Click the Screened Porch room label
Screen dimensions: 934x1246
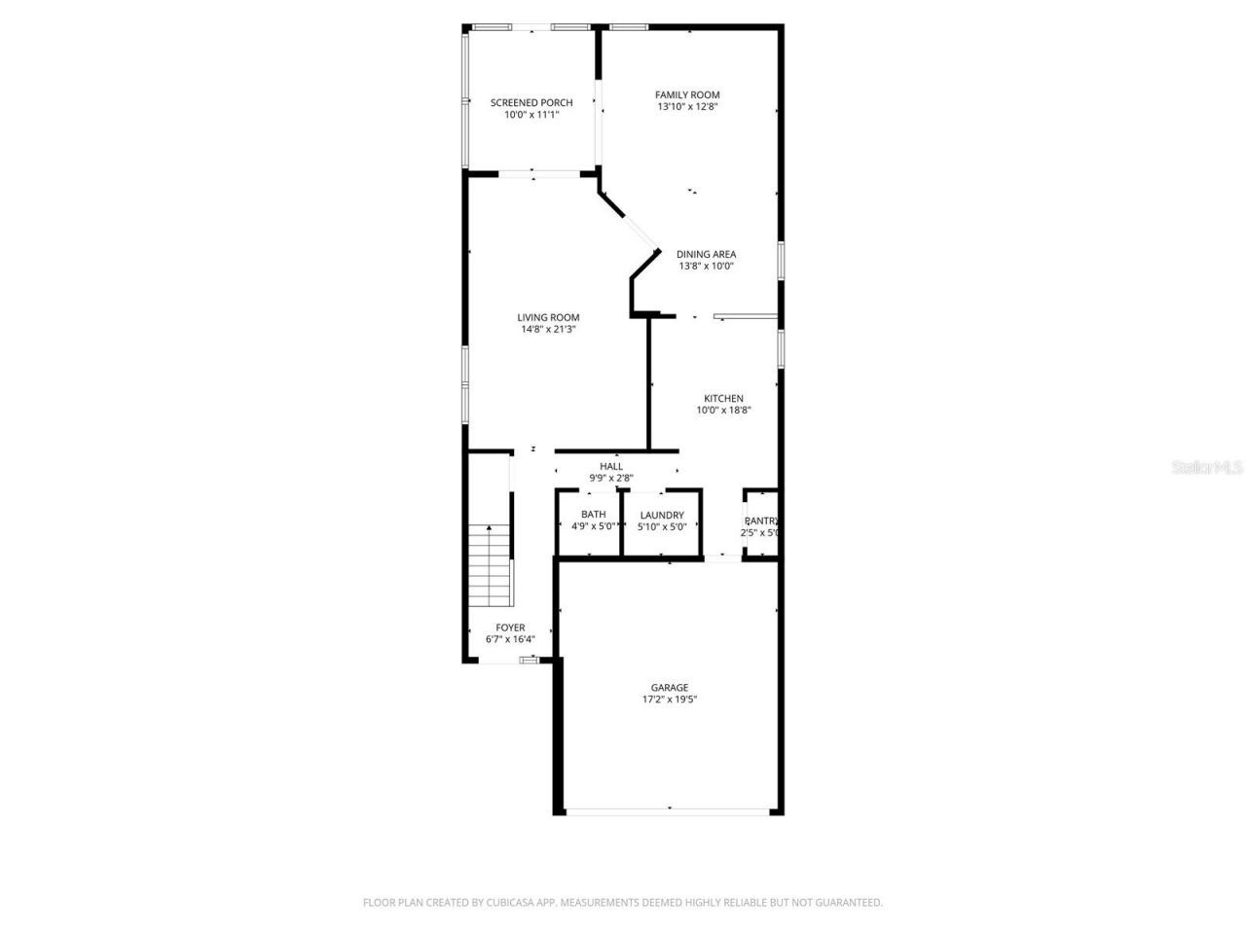coord(531,102)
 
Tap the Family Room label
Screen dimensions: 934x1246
coord(687,94)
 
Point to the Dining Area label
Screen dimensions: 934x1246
coord(706,254)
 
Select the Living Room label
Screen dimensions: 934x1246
coord(548,317)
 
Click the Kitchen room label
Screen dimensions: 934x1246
coord(723,398)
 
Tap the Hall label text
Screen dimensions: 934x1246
coord(611,466)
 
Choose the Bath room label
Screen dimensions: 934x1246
coord(593,515)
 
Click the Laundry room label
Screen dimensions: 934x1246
coord(662,515)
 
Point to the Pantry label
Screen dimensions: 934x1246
coord(761,521)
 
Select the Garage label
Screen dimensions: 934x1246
coord(670,688)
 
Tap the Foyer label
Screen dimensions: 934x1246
coord(510,628)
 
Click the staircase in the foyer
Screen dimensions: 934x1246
coord(490,564)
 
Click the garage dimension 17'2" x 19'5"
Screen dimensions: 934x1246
coord(670,700)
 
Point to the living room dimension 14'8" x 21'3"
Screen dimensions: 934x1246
coord(548,329)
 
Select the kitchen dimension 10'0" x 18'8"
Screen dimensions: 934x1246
coord(723,410)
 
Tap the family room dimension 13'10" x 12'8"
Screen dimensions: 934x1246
coord(687,107)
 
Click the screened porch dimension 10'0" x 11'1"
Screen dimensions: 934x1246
coord(531,115)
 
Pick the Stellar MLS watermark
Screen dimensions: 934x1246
coord(1207,467)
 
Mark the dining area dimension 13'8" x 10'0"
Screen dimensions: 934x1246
coord(706,266)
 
